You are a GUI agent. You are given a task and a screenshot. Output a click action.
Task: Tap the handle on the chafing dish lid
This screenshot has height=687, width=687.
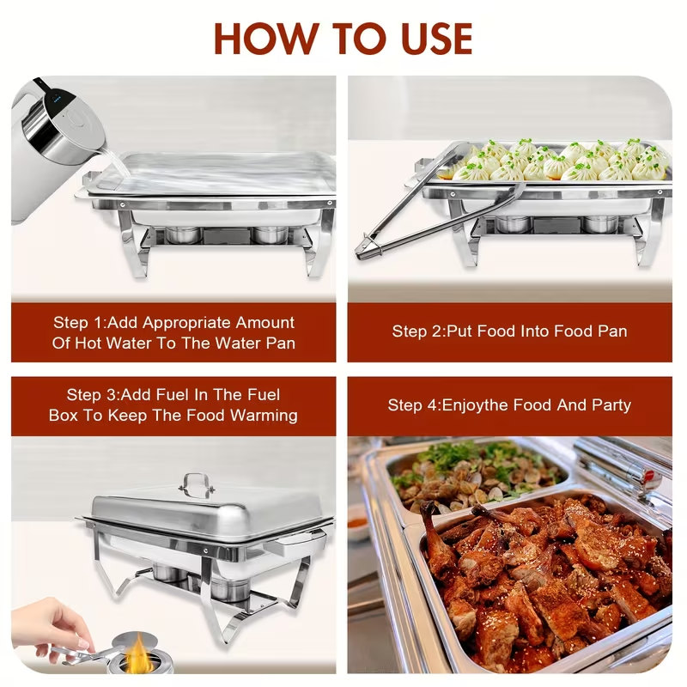pos(197,483)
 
